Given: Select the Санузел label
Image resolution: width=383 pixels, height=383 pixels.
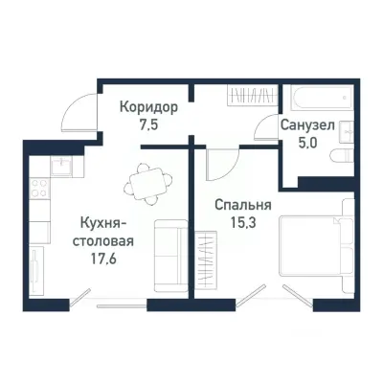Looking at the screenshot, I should pyautogui.click(x=307, y=126).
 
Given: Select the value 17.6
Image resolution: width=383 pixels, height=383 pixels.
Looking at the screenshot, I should pyautogui.click(x=101, y=256).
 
